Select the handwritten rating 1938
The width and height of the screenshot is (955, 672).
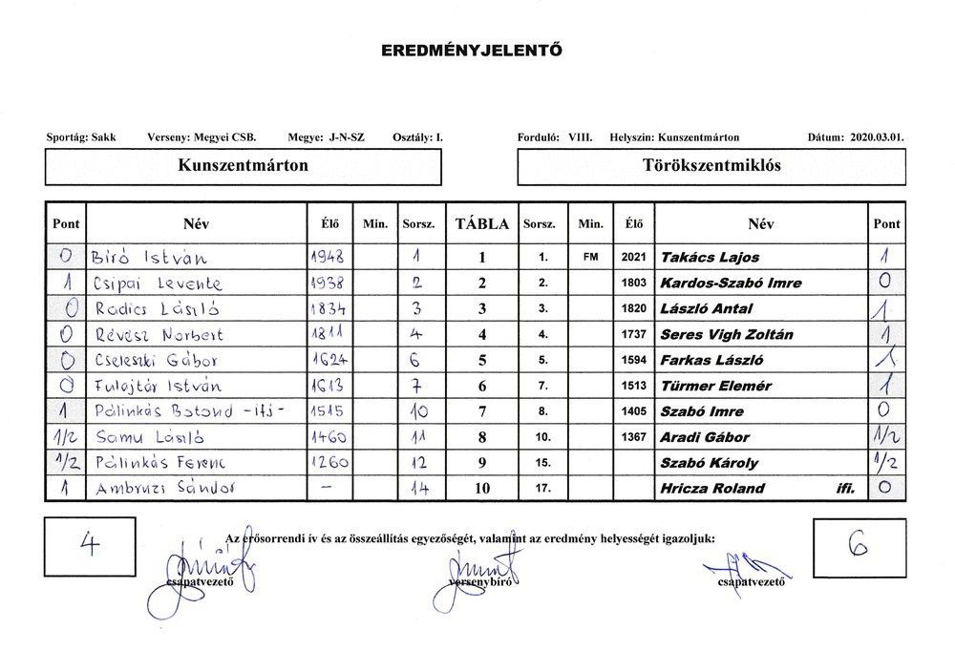click(327, 283)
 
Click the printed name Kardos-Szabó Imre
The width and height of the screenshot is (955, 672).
click(731, 283)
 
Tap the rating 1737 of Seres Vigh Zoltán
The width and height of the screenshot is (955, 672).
click(634, 335)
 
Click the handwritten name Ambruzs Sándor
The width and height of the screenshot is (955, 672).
click(164, 489)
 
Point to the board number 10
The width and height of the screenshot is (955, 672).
click(482, 489)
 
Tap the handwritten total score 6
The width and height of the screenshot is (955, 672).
click(855, 544)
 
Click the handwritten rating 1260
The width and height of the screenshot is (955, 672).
click(328, 463)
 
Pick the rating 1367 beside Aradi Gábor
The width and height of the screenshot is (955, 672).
click(634, 437)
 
